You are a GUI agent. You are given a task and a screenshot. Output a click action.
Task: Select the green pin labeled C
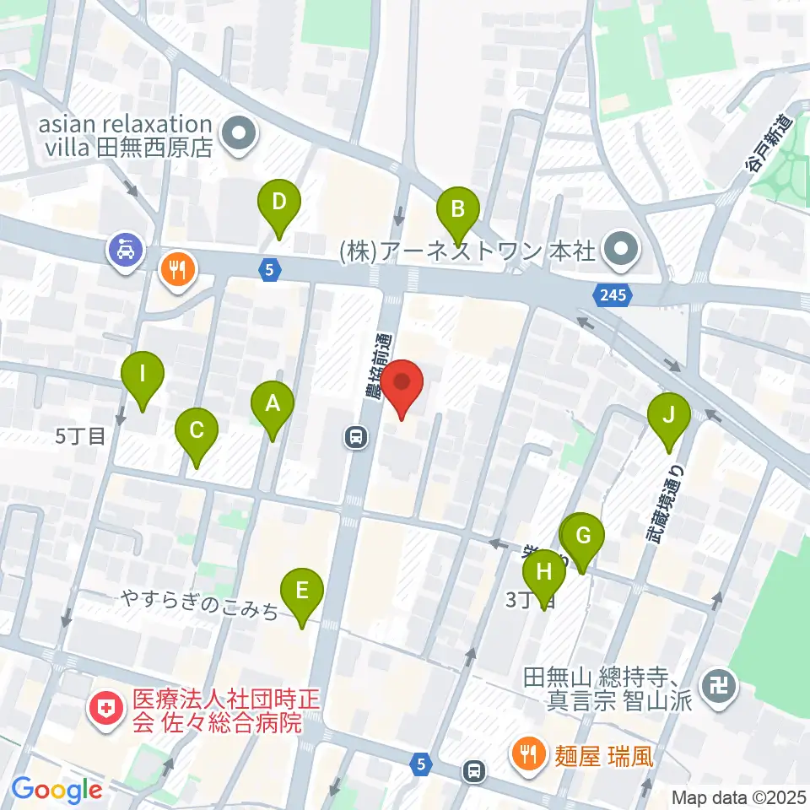tap(196, 432)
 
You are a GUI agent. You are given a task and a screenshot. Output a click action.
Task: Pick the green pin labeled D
tap(279, 203)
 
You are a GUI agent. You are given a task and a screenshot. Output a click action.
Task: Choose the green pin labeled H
tap(544, 575)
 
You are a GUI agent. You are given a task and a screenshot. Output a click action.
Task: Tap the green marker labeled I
tap(143, 375)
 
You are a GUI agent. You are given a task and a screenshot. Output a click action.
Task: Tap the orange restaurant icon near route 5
tap(178, 270)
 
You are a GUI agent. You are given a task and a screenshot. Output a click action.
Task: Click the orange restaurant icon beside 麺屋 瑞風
tap(529, 753)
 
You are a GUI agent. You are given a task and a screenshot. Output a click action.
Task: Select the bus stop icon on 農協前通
tap(355, 436)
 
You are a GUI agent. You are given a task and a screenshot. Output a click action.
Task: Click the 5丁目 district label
tap(80, 436)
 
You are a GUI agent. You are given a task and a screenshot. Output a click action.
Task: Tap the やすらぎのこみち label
tap(199, 604)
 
